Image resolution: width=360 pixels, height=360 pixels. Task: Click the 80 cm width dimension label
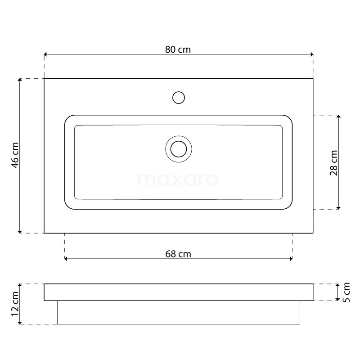pos(178,49)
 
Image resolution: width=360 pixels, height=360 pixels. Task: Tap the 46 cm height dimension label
pos(15,155)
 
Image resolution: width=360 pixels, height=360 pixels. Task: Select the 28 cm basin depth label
pos(334,162)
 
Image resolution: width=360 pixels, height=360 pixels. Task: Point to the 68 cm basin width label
pos(178,254)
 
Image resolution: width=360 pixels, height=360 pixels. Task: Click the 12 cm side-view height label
pos(15,304)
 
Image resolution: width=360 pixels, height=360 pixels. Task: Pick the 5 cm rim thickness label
pos(346,292)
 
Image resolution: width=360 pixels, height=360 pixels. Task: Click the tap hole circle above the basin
pos(179,98)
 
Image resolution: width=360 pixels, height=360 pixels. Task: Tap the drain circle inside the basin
pos(179,148)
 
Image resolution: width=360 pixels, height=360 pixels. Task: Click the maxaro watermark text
pos(179,180)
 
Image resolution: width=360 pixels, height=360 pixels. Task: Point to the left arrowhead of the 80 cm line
pos(46,54)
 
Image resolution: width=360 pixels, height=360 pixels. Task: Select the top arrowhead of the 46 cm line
pos(19,81)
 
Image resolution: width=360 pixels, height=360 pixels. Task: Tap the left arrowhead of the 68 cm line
pos(67,259)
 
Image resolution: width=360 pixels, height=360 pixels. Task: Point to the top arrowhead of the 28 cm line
pos(338,117)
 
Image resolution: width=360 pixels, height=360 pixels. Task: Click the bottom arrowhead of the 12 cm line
pos(19,322)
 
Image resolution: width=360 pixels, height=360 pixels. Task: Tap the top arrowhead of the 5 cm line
pos(338,286)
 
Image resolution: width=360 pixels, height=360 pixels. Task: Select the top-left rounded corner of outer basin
pos(68,118)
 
